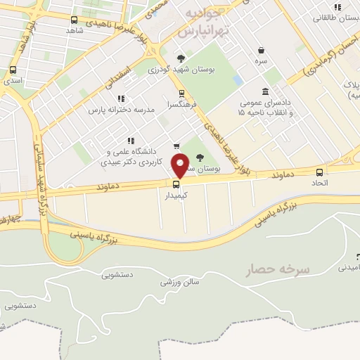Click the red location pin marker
(x=181, y=165)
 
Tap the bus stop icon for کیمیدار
(x=176, y=185)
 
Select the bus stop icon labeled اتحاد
(x=320, y=172)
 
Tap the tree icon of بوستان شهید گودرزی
(x=181, y=58)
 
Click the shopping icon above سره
(x=262, y=51)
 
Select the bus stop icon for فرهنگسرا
(x=181, y=93)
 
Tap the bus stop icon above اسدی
(x=13, y=70)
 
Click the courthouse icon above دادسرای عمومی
(x=264, y=91)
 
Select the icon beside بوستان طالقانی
(x=338, y=7)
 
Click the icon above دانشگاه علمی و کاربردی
(x=130, y=141)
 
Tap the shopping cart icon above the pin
(x=176, y=146)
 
